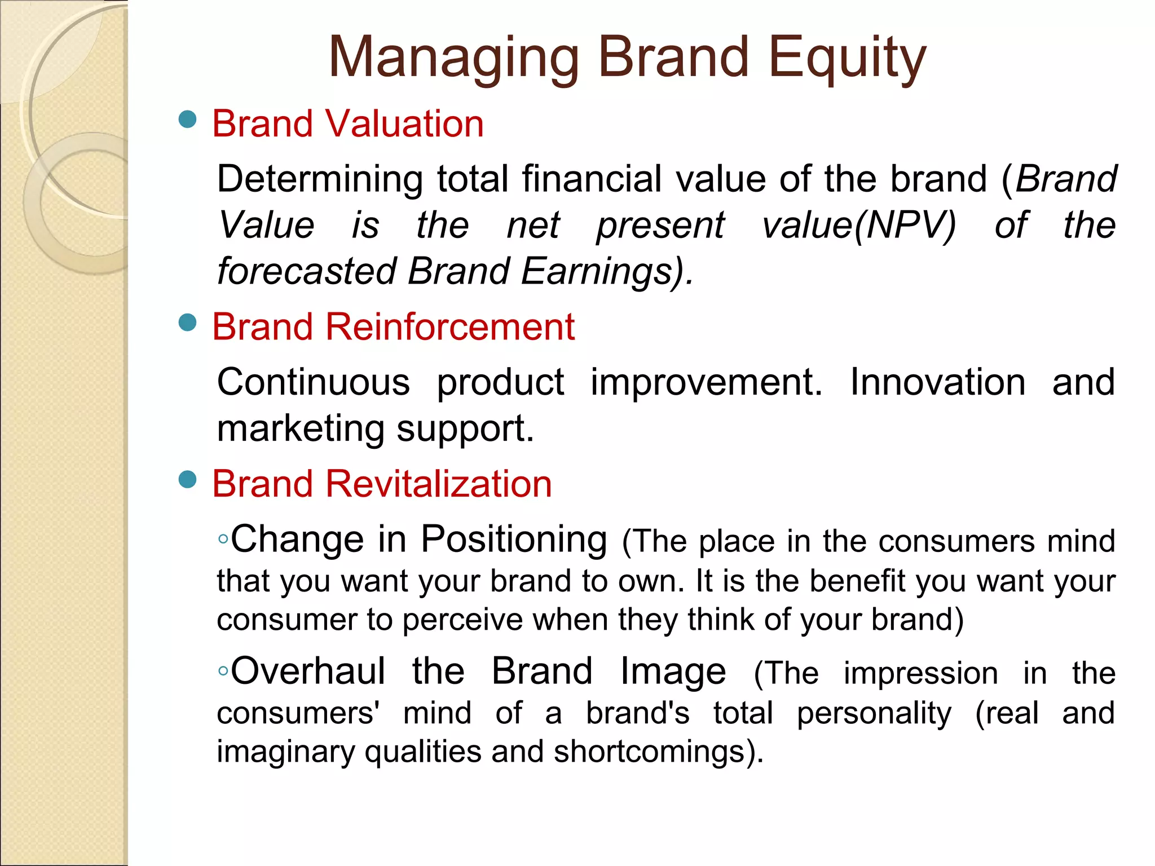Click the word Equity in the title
click(x=847, y=58)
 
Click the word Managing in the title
click(x=454, y=58)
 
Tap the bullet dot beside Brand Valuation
click(x=187, y=120)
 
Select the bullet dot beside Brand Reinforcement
click(x=187, y=322)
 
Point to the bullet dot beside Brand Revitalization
click(x=187, y=480)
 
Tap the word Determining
click(x=320, y=179)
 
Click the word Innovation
click(x=937, y=382)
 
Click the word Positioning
click(x=514, y=539)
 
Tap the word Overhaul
click(x=308, y=671)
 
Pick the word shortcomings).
click(x=658, y=752)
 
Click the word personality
click(x=874, y=713)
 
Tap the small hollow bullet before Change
click(x=223, y=540)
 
